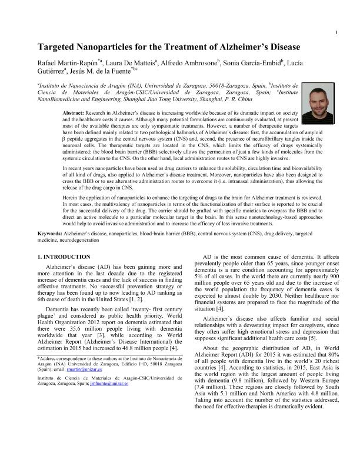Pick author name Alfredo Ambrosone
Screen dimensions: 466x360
click(186, 62)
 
